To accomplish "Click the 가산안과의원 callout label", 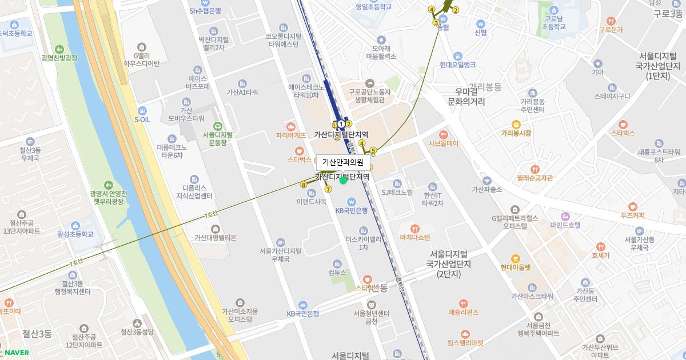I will (x=342, y=162).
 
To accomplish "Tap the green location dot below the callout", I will (x=343, y=181).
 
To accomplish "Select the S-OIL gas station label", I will (x=142, y=119).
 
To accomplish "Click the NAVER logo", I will (x=16, y=353).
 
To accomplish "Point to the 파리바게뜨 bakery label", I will (x=291, y=135).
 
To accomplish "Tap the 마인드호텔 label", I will (x=565, y=225).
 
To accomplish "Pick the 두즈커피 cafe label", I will (x=632, y=215).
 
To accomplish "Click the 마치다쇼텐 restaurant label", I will (x=415, y=237).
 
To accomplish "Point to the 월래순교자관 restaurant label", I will (x=535, y=177).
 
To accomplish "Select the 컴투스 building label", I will (x=337, y=272).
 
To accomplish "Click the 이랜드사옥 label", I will (x=312, y=201).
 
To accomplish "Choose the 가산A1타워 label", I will (x=242, y=92).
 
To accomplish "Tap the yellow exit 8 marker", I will (x=304, y=184).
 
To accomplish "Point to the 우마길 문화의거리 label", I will (x=465, y=97).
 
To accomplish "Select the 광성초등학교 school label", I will (x=75, y=234).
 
